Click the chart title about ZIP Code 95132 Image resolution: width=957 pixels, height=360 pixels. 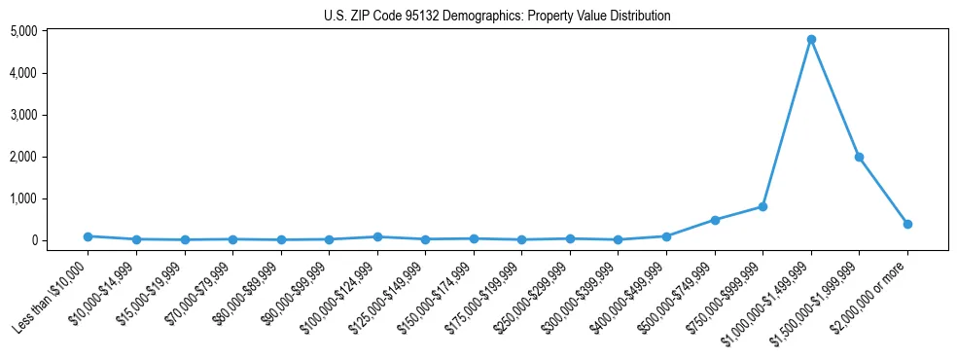497,17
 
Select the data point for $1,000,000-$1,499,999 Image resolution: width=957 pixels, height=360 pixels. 810,40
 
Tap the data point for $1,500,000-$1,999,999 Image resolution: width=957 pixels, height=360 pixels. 859,157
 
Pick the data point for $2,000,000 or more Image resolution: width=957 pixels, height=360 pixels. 907,224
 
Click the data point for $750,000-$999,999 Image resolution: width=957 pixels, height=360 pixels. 762,206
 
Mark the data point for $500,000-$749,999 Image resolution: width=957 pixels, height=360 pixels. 715,220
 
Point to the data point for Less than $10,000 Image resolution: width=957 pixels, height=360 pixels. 89,236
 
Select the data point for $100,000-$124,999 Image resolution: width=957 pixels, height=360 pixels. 377,236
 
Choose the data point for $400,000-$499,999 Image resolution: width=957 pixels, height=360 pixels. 666,236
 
